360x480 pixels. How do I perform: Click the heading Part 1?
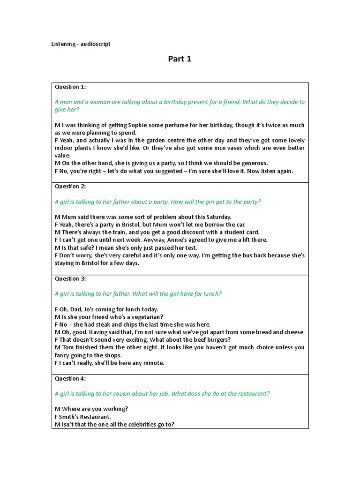pos(180,59)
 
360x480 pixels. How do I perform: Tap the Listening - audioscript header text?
pos(81,44)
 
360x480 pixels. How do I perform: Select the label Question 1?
pos(70,87)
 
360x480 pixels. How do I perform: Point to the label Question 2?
pos(70,186)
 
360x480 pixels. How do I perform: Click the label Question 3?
pos(70,278)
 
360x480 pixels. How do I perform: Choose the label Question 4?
pos(70,378)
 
